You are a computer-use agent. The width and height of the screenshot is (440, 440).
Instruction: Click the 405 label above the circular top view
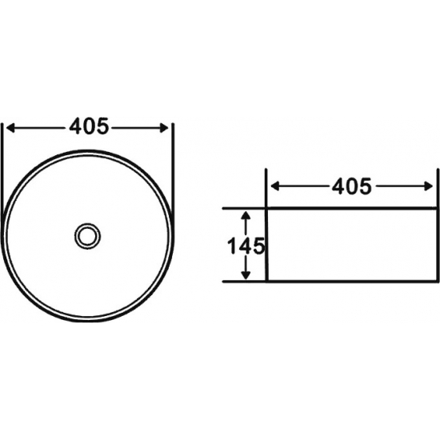click(x=89, y=126)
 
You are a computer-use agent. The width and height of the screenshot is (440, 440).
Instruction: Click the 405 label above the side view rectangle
click(x=352, y=186)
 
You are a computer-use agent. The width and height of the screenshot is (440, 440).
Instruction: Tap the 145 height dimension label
click(x=246, y=246)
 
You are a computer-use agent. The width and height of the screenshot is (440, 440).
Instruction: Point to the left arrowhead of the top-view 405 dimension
click(x=10, y=128)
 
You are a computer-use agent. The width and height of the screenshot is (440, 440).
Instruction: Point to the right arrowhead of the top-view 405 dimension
click(x=164, y=128)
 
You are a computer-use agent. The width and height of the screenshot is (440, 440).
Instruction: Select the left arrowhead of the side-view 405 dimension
click(x=275, y=186)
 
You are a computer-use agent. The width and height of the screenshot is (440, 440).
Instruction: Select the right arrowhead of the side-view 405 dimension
click(x=429, y=186)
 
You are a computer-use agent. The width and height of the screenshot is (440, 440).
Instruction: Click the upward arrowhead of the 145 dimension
click(x=246, y=215)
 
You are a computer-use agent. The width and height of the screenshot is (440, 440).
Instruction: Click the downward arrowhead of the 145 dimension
click(x=246, y=275)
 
